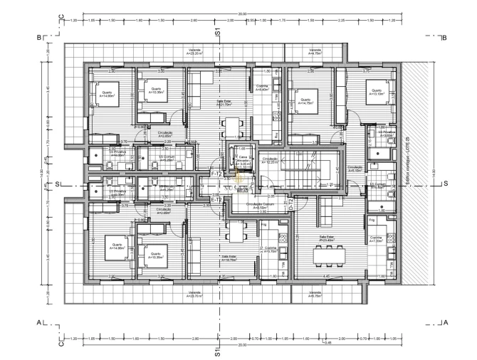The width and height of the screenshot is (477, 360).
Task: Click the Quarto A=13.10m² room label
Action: click(376, 92)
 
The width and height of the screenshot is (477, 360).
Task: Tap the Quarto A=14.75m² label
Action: click(307, 101)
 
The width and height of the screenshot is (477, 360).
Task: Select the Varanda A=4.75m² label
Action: click(314, 51)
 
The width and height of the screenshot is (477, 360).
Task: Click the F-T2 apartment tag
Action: click(216, 174)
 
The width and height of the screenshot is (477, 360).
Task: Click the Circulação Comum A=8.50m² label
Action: click(257, 206)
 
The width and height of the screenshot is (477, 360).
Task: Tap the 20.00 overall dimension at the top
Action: click(242, 13)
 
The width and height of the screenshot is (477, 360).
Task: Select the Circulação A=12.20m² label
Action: click(269, 161)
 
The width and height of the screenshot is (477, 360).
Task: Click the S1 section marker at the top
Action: click(219, 33)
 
